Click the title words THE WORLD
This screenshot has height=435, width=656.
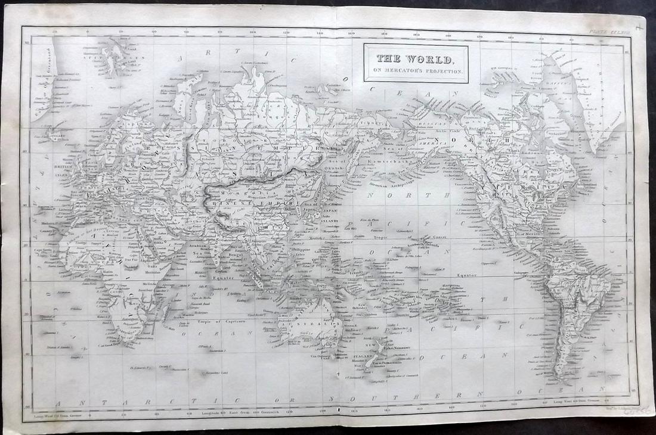[416, 60]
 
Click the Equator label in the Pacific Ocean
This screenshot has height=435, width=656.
[466, 275]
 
